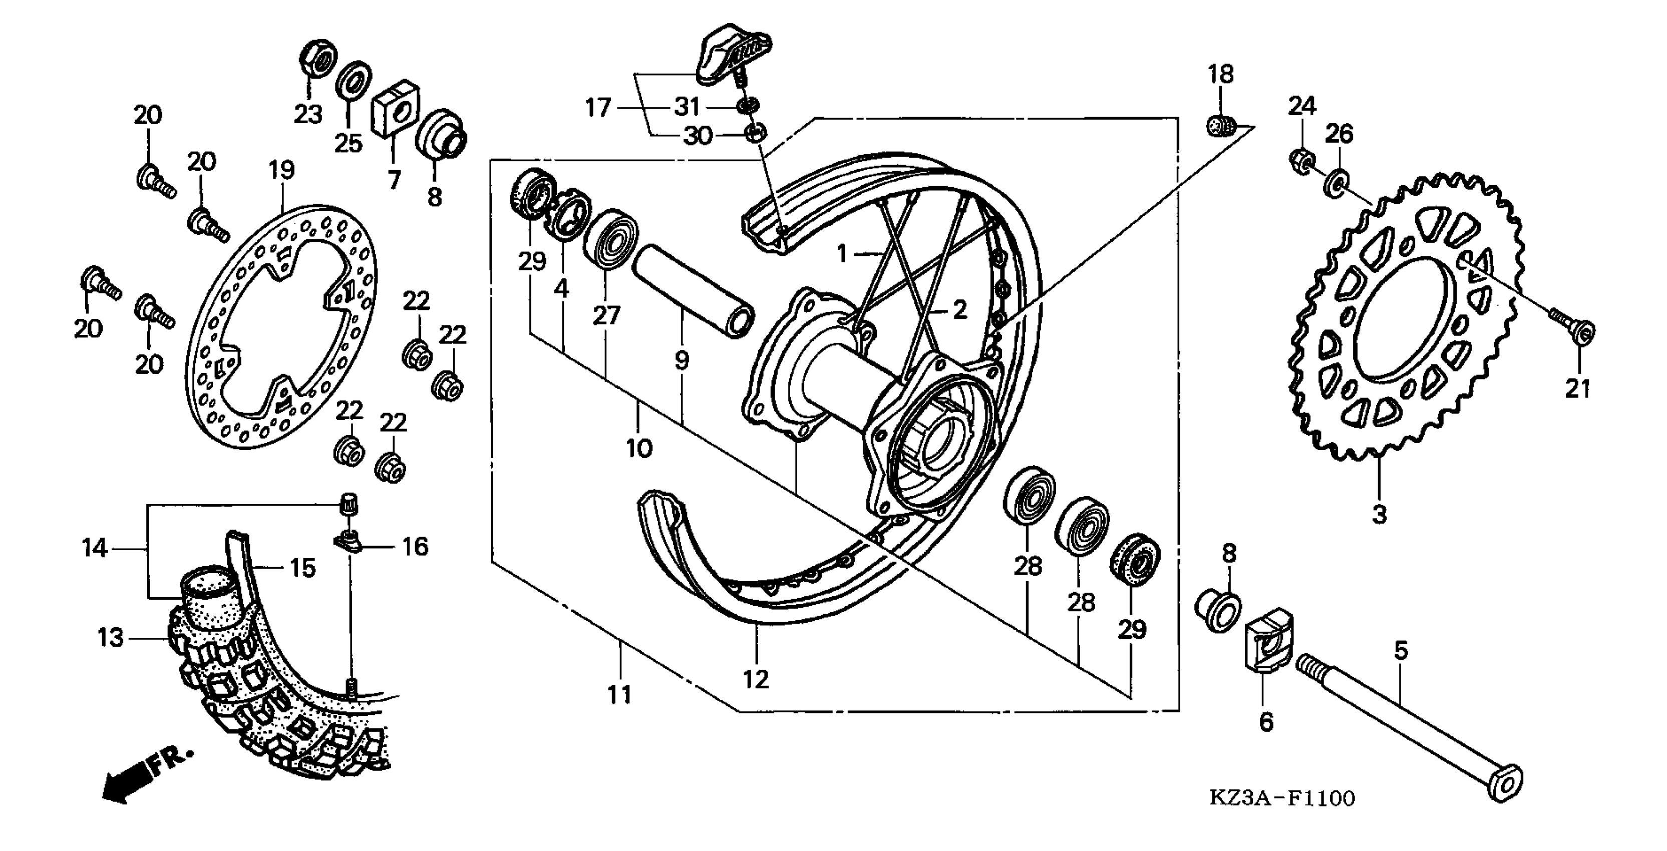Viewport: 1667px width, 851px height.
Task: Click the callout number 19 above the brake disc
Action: (281, 171)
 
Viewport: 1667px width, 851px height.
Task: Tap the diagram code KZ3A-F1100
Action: (1282, 798)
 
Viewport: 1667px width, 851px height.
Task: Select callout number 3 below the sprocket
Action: (1379, 515)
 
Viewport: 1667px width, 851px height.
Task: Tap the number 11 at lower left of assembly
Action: (619, 695)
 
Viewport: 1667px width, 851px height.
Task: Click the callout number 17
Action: (598, 108)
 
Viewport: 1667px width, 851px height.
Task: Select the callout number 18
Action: (1220, 75)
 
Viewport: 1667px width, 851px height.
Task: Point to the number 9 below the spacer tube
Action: (682, 360)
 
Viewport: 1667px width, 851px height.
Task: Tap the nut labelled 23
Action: (317, 59)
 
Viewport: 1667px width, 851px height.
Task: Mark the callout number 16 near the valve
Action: (415, 547)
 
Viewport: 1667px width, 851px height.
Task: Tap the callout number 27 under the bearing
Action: (606, 316)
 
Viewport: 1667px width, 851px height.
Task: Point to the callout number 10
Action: (639, 448)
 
